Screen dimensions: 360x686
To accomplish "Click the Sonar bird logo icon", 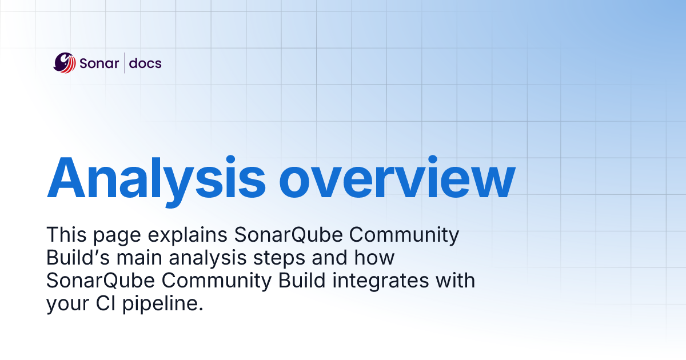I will [x=65, y=63].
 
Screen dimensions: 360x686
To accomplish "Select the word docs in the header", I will [x=145, y=63].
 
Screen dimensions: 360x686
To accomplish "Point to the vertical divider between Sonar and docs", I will [x=124, y=63].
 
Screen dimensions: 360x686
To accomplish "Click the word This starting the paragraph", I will [x=67, y=235].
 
